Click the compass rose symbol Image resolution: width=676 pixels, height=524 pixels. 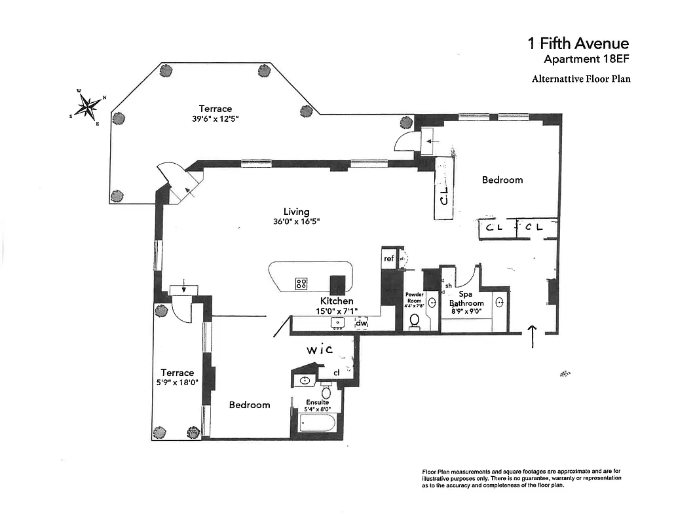[86, 106]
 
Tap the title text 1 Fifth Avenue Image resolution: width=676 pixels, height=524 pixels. [578, 44]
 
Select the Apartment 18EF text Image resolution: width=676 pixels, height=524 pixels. [586, 60]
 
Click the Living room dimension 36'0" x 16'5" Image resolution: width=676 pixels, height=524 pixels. [297, 221]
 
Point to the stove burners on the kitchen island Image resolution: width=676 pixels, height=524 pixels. [301, 284]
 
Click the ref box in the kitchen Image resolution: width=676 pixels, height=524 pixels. [389, 259]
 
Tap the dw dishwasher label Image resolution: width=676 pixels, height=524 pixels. [362, 323]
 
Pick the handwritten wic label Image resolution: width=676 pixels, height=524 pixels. [320, 350]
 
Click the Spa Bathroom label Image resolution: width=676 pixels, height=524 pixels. [466, 299]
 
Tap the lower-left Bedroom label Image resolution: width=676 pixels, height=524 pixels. [250, 405]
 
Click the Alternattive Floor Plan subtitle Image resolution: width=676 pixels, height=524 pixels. [581, 79]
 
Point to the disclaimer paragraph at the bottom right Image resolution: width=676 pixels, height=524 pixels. [521, 479]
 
